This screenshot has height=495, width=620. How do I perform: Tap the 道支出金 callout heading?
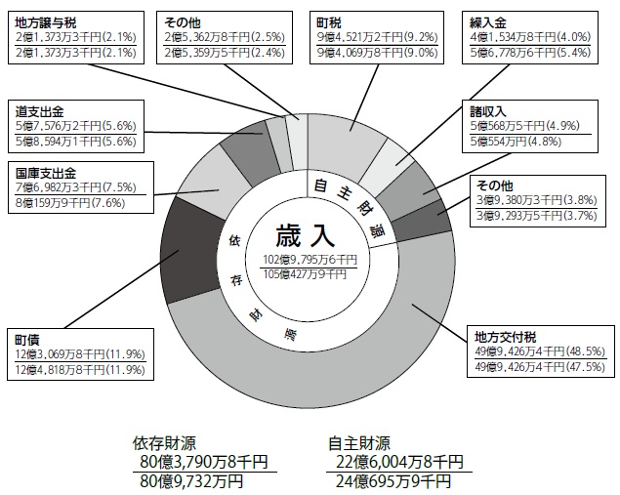coord(39,110)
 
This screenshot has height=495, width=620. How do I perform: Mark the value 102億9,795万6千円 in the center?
coord(305,259)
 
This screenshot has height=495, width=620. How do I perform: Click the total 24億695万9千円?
coord(395,481)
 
